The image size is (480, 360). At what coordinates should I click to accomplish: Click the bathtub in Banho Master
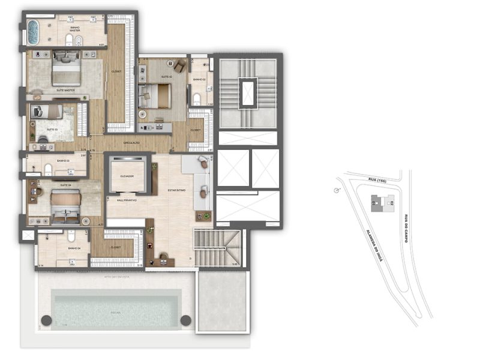point(32,32)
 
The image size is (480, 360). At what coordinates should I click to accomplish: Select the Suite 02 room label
point(167,77)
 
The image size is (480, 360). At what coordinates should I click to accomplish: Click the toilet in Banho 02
point(197,97)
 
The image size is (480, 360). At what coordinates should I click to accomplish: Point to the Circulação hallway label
point(131,143)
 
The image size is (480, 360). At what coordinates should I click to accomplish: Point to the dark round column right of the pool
point(186,320)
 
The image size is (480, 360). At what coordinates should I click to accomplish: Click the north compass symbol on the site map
point(337,191)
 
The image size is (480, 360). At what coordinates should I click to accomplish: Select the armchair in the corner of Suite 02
point(179,64)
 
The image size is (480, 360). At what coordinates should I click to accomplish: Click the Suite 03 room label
point(52,129)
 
